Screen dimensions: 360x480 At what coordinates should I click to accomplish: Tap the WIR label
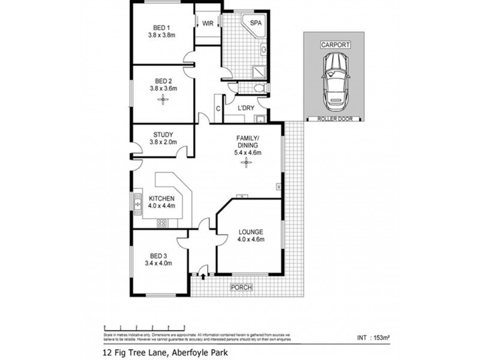208,23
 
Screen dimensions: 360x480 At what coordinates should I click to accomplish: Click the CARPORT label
335,45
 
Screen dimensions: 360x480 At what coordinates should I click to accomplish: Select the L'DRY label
246,109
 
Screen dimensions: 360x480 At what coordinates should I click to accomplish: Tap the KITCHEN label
161,199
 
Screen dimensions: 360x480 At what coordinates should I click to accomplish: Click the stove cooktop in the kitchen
162,224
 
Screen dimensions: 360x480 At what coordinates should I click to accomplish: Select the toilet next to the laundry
258,89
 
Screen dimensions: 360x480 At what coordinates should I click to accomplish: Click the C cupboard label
218,109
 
